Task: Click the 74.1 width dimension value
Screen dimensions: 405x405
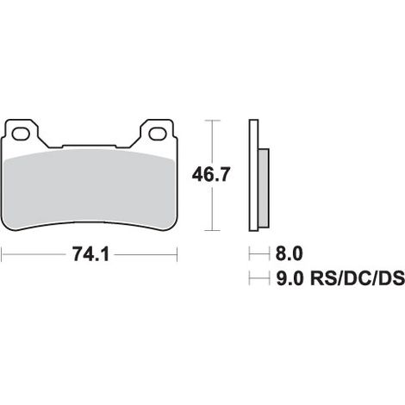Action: pyautogui.click(x=91, y=254)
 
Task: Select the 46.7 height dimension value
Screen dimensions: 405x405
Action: pyautogui.click(x=211, y=175)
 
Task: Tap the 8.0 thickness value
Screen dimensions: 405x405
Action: pyautogui.click(x=290, y=254)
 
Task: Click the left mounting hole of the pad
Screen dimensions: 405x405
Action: pyautogui.click(x=21, y=134)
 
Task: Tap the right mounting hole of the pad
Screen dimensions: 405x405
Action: pyautogui.click(x=158, y=134)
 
